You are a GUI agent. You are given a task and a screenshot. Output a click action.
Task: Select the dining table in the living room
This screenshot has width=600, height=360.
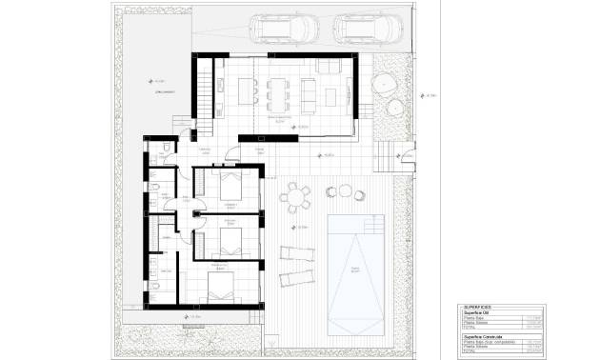coord(279,91)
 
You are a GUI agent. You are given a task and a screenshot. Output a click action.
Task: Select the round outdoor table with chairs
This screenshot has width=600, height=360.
coord(296,197)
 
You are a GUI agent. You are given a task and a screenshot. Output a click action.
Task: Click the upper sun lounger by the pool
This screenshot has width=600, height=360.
coord(295,253)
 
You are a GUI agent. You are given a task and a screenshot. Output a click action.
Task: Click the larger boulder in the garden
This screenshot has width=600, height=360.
coord(385,85)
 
